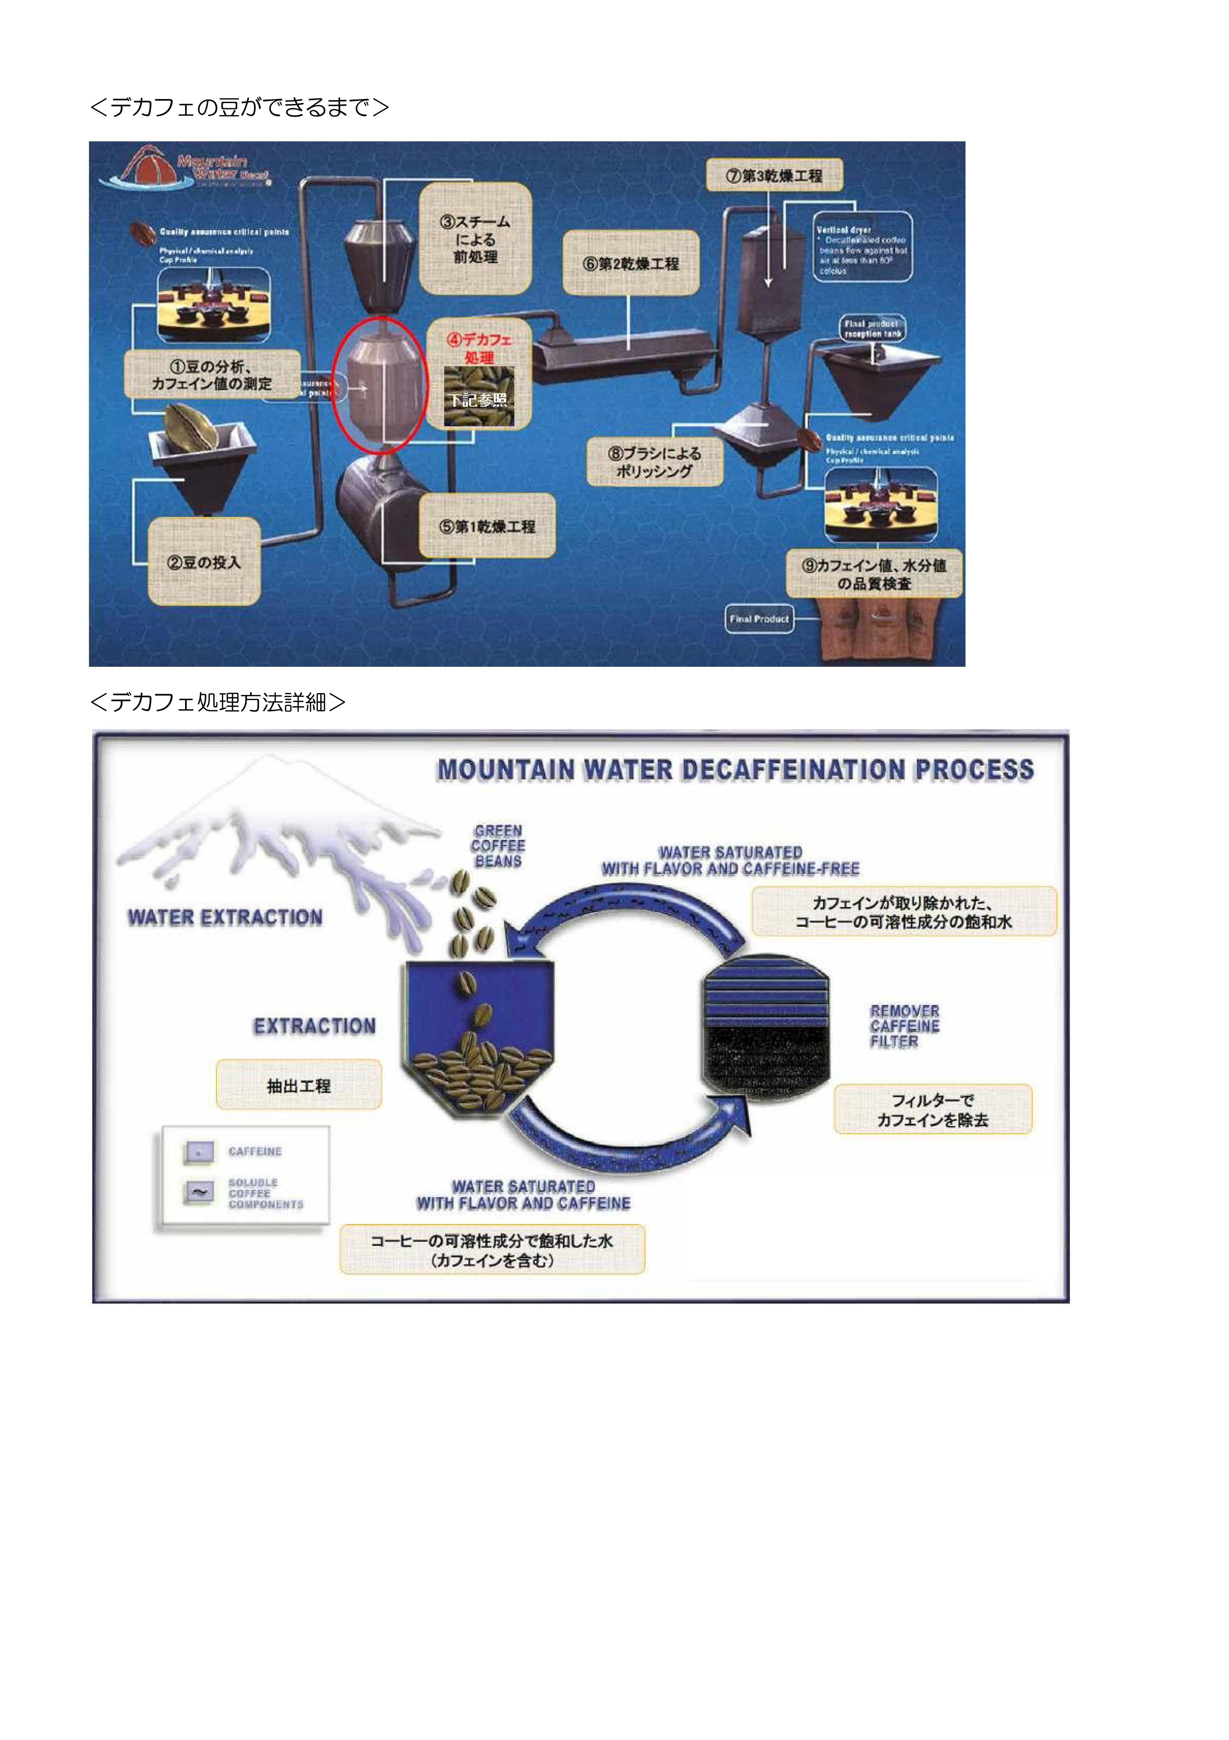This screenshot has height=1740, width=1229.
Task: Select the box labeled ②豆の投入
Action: click(204, 562)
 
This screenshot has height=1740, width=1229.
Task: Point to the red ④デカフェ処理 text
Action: click(479, 348)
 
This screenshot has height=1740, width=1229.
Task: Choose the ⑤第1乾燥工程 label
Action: click(487, 526)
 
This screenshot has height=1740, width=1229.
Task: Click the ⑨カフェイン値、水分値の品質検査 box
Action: click(874, 574)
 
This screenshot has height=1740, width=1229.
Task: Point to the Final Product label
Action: click(759, 618)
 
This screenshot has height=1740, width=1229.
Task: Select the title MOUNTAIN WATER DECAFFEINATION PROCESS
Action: click(735, 770)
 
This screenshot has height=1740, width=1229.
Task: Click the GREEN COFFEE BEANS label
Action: click(498, 846)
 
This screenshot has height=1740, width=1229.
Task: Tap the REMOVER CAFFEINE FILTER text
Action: click(904, 1026)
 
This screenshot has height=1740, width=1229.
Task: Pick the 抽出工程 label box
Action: click(298, 1085)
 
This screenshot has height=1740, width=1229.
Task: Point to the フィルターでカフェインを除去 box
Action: click(933, 1109)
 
